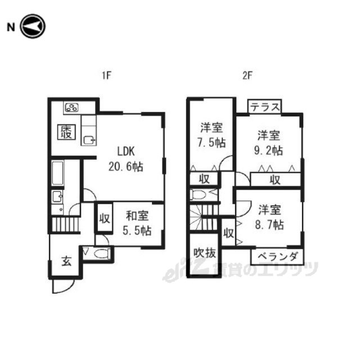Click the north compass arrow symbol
click(33, 26)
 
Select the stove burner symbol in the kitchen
click(72, 107)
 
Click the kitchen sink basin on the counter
click(89, 140)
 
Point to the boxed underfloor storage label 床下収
click(66, 132)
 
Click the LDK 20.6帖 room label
click(125, 159)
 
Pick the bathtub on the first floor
click(57, 173)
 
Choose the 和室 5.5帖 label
click(137, 223)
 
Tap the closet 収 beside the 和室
click(105, 218)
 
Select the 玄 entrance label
click(66, 261)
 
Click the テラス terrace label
click(265, 107)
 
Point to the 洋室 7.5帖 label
click(211, 135)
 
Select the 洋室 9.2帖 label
click(268, 143)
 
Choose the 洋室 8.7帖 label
click(269, 217)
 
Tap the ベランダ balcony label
click(277, 256)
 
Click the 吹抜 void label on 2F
click(205, 253)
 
